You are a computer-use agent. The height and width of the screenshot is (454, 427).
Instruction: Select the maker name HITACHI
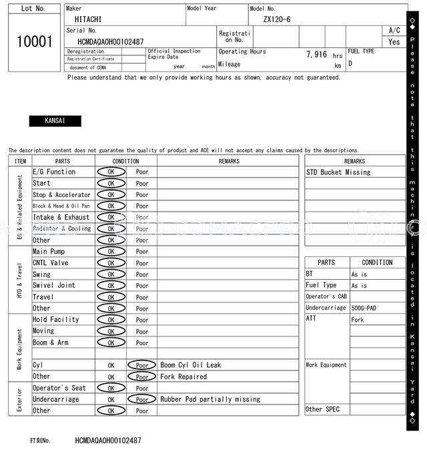coord(88,19)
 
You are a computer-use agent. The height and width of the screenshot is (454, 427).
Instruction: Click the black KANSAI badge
coord(55,121)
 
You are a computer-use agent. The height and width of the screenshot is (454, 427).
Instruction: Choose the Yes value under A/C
coord(394,41)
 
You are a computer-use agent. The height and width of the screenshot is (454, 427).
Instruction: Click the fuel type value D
coord(350,63)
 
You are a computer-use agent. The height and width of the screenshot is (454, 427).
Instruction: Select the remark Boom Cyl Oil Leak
coord(190,365)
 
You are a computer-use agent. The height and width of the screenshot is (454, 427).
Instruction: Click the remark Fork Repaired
coord(183,377)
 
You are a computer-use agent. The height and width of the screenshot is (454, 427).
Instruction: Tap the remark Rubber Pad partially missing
coord(210,399)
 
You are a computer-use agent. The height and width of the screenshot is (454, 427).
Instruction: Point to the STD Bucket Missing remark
coord(338,172)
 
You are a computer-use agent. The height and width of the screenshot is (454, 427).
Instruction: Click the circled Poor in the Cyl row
coord(142,365)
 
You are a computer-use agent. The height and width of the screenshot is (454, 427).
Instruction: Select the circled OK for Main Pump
coord(111,252)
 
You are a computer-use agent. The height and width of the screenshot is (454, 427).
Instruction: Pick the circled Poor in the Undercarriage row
coord(142,399)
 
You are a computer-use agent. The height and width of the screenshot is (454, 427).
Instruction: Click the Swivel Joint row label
coord(54,285)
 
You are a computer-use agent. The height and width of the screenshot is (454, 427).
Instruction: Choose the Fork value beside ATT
coord(358,320)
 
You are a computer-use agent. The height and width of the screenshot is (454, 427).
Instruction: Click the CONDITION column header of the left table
coord(125,161)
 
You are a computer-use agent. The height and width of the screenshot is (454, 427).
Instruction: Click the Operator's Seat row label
coord(59,388)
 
